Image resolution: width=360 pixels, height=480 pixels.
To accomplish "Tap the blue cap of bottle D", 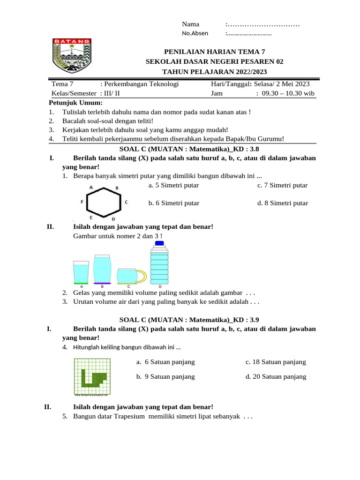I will [159, 243].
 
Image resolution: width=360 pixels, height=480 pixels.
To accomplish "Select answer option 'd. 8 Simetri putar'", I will [282, 203].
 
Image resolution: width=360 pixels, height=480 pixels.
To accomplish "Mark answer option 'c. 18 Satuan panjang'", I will [276, 362].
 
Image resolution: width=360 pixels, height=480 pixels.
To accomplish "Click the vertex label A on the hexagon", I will [91, 187].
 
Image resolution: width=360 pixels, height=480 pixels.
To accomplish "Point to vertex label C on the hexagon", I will [126, 202].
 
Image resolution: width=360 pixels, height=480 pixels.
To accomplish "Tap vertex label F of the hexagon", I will [82, 202].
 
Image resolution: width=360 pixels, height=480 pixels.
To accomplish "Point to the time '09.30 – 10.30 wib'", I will [288, 93].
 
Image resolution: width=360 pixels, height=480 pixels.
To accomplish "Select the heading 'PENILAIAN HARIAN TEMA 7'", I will [216, 52].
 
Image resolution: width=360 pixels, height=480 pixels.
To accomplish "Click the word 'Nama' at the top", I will [190, 24].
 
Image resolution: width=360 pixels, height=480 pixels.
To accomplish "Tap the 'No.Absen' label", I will [195, 33].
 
